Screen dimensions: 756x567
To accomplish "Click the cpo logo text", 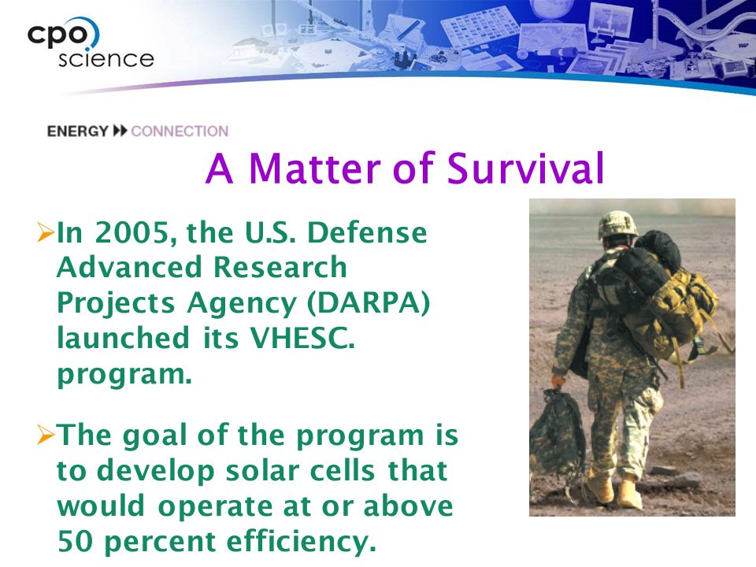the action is point(57,35).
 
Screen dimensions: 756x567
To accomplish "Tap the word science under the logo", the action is point(106,59).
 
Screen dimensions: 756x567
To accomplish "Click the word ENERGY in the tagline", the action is point(78,132).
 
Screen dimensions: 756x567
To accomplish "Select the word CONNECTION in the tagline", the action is point(180,132).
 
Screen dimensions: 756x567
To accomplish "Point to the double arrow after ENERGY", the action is point(120,131).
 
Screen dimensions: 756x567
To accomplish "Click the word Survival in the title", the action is point(525,169).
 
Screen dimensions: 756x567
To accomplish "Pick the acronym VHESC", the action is point(302,338).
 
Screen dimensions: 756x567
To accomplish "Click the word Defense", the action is point(367,232).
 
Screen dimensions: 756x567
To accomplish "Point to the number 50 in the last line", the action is point(75,541).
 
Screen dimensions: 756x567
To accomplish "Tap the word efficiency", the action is point(302,542).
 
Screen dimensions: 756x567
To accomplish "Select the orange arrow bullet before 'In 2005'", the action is point(46,232).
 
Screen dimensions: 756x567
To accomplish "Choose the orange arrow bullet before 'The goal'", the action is point(46,435).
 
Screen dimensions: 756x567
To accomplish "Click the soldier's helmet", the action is point(617,224).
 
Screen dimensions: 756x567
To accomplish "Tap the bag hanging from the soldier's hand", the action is point(558,432).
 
